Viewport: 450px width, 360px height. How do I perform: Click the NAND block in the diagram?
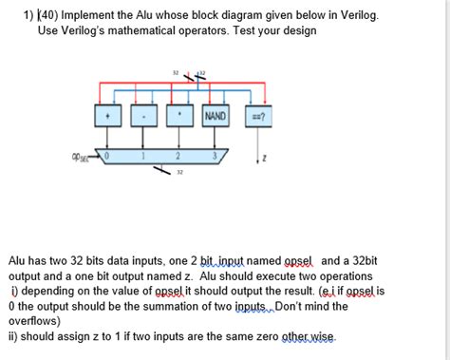pyautogui.click(x=216, y=117)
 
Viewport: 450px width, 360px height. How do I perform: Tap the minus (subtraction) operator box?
pyautogui.click(x=142, y=117)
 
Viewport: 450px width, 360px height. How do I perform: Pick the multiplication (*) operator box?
pyautogui.click(x=178, y=117)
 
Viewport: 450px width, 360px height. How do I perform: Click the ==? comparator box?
pyautogui.click(x=256, y=117)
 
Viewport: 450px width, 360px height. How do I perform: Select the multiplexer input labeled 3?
pyautogui.click(x=216, y=154)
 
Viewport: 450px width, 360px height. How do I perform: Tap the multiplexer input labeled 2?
pyautogui.click(x=178, y=154)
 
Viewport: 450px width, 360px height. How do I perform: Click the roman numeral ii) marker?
pyautogui.click(x=16, y=337)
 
